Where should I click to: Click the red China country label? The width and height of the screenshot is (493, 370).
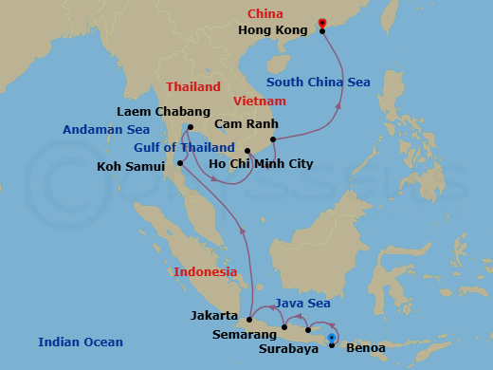(x=265, y=14)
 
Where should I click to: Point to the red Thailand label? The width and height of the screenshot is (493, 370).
(x=193, y=86)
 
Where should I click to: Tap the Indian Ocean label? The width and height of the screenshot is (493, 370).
(x=81, y=342)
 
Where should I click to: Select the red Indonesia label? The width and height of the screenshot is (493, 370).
(x=205, y=272)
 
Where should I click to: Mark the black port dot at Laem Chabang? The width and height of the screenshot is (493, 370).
(x=191, y=127)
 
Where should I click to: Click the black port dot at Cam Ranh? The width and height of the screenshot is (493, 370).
(x=272, y=140)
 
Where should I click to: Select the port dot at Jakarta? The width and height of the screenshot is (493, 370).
(x=249, y=320)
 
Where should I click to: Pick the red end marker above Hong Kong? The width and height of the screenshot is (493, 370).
(x=322, y=22)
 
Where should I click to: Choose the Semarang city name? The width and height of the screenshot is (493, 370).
(x=237, y=335)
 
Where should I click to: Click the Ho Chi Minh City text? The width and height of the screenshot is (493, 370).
(x=261, y=164)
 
